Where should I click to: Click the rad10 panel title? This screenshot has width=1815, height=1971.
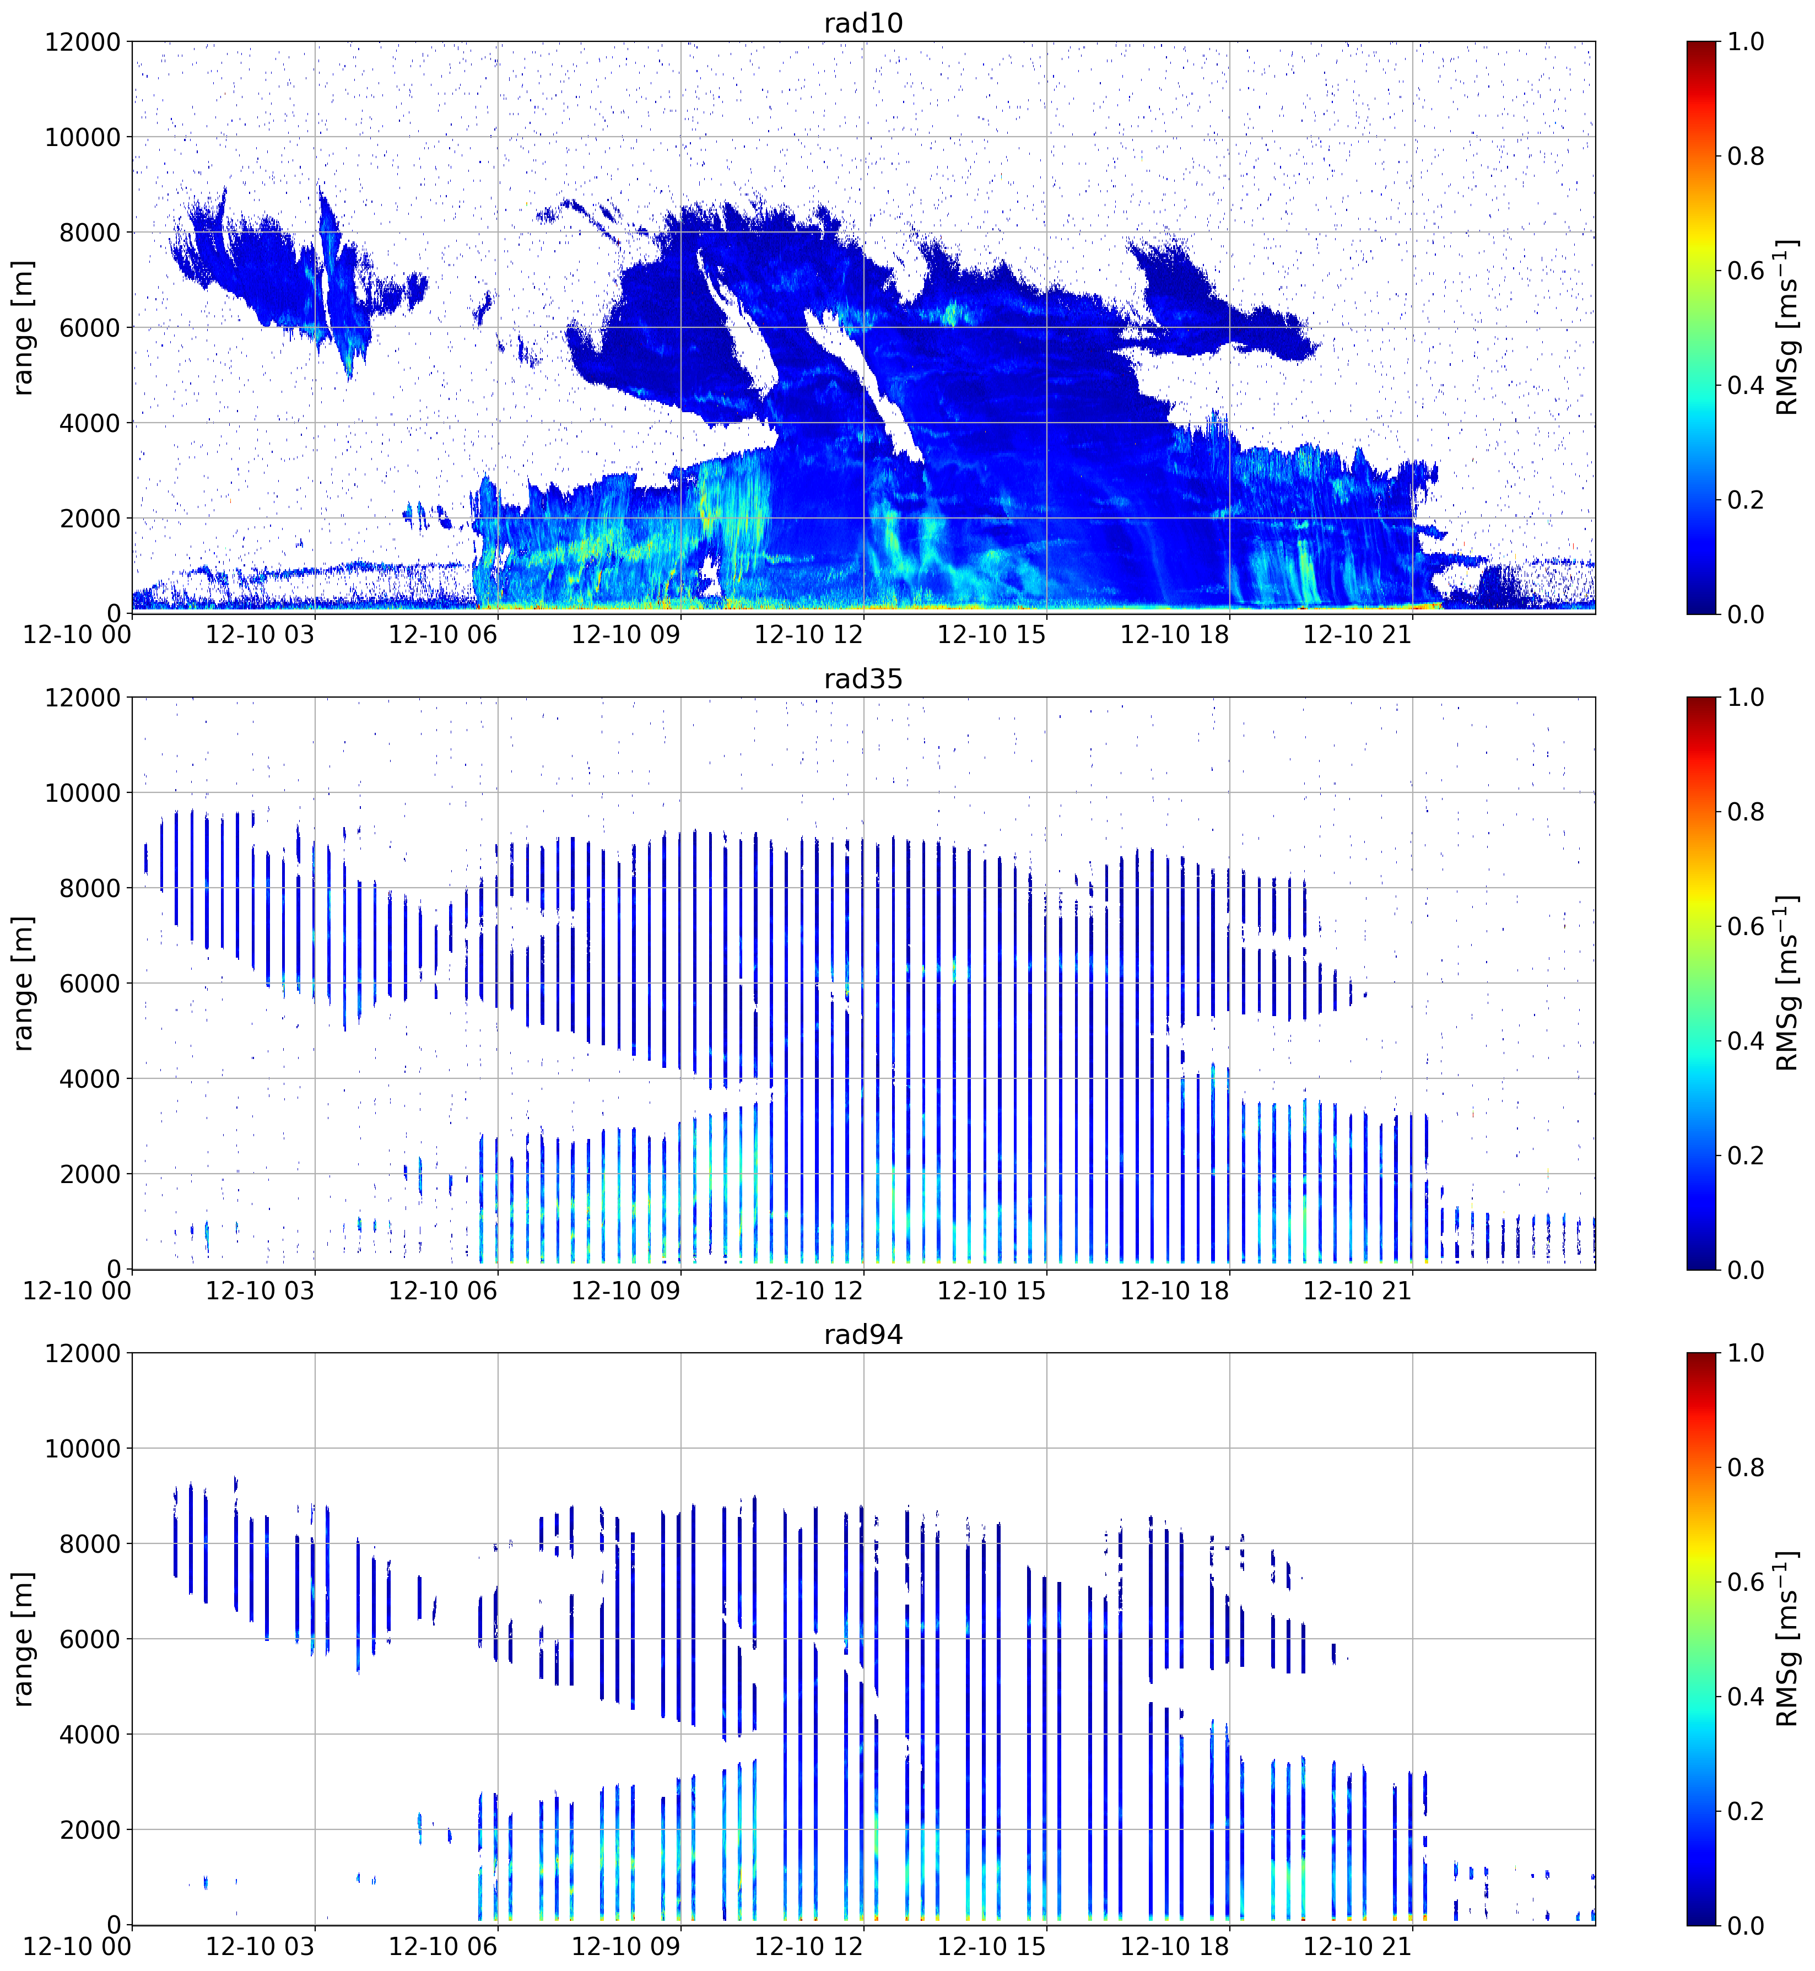click(x=863, y=23)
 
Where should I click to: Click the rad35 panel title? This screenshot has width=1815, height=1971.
click(x=863, y=679)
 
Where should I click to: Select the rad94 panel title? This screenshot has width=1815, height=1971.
click(x=863, y=1335)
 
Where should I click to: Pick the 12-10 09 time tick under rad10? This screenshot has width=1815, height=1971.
click(x=625, y=634)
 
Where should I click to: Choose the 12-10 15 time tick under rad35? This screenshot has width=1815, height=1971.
click(x=992, y=1290)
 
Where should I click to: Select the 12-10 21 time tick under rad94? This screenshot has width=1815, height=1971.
click(x=1357, y=1946)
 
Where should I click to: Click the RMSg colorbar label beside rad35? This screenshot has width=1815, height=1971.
click(x=1787, y=983)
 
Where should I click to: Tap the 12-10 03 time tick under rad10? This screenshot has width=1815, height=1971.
click(x=260, y=634)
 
